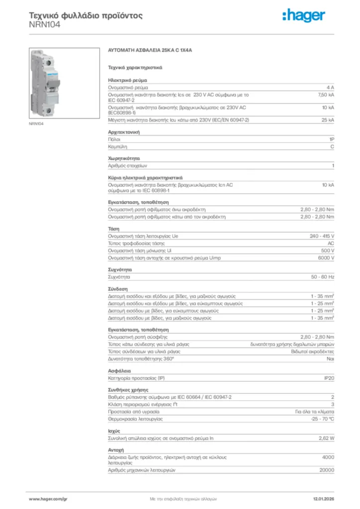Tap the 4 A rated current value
coord(330,87)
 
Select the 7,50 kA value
coord(326,94)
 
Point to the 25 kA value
coord(328,120)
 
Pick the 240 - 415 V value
coord(322,236)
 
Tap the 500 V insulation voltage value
coord(327,251)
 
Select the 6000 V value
coord(326,258)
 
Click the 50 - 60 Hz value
coord(323,276)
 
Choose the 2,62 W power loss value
coord(326,438)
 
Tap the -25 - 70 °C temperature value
coord(322,420)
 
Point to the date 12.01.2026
coord(323,498)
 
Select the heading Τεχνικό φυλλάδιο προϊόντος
coord(86,15)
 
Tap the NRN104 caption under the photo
coord(36,124)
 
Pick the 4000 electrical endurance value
coord(328,457)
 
